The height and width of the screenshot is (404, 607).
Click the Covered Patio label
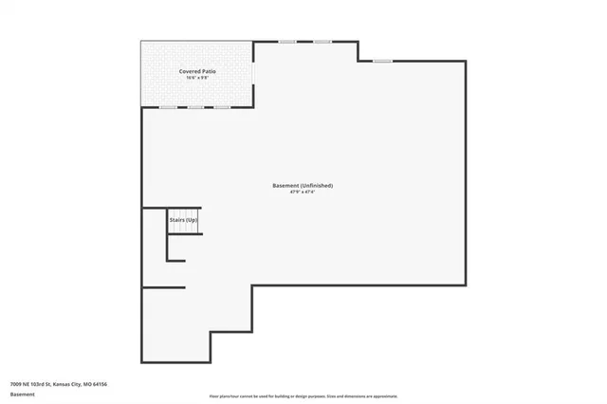pyautogui.click(x=195, y=71)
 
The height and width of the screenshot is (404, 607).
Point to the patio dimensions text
pyautogui.click(x=195, y=79)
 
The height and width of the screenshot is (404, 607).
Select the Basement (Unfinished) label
pyautogui.click(x=303, y=185)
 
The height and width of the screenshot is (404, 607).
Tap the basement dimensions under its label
pyautogui.click(x=303, y=193)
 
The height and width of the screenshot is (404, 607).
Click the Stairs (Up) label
pyautogui.click(x=183, y=220)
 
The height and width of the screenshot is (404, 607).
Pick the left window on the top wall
pyautogui.click(x=286, y=41)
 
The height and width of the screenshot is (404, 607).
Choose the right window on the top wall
pyautogui.click(x=322, y=41)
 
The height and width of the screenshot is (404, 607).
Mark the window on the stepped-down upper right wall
pyautogui.click(x=382, y=62)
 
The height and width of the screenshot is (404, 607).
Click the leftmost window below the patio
pyautogui.click(x=168, y=107)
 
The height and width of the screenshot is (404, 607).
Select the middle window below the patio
pyautogui.click(x=194, y=107)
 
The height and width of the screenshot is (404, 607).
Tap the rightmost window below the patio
pyautogui.click(x=221, y=107)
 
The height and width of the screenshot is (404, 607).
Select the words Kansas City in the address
pyautogui.click(x=66, y=384)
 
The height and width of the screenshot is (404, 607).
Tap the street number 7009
pyautogui.click(x=16, y=384)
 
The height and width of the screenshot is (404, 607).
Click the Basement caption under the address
pyautogui.click(x=21, y=394)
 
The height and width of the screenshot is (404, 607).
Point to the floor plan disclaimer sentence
pyautogui.click(x=303, y=395)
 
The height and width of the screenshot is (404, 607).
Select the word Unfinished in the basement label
pyautogui.click(x=317, y=185)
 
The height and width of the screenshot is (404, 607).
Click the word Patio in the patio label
pyautogui.click(x=206, y=71)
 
